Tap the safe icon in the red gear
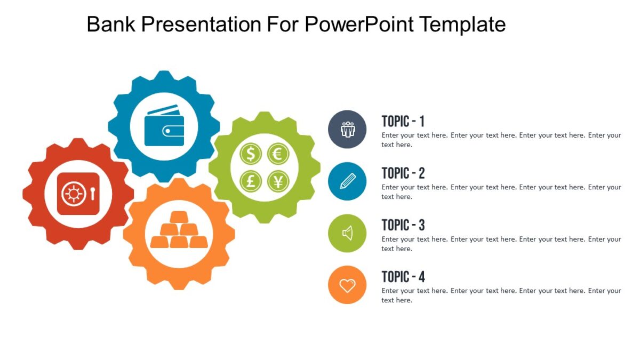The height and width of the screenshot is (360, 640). point(78,194)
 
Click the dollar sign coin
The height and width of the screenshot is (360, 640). point(251,155)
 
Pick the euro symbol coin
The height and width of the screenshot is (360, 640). point(278,155)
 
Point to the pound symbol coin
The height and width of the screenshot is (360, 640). point(251,181)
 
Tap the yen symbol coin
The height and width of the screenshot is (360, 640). point(278,181)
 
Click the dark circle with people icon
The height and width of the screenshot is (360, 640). point(347,129)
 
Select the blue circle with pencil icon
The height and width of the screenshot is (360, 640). point(347,181)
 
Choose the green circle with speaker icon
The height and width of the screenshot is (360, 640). point(347,233)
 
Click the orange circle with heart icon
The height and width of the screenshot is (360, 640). point(347,285)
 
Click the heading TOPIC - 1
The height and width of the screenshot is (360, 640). point(403,121)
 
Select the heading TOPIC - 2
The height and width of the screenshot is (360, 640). point(403,173)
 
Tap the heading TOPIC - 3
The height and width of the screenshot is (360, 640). point(403,225)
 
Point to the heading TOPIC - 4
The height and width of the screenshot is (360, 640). point(403,277)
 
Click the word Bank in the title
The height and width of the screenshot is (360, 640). point(108,24)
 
